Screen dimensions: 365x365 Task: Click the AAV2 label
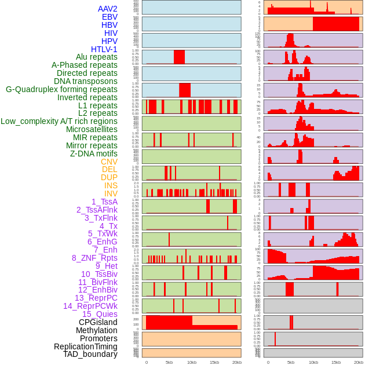click(107, 9)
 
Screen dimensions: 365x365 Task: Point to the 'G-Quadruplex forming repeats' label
click(61, 89)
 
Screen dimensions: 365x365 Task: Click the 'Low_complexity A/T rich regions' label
click(59, 121)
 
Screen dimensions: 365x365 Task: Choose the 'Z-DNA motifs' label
click(93, 154)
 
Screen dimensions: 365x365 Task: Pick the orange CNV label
click(109, 162)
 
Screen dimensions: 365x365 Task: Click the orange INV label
click(111, 194)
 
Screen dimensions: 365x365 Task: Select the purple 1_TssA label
click(104, 202)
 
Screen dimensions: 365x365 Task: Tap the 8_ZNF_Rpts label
click(94, 258)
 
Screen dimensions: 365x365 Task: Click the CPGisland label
click(98, 322)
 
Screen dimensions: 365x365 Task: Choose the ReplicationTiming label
click(85, 346)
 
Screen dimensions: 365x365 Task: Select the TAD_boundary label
click(90, 354)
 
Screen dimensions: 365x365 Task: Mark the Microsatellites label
click(92, 129)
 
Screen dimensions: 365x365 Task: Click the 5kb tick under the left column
click(169, 363)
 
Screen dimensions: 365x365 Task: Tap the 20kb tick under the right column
click(359, 363)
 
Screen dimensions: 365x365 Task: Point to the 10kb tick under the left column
click(192, 363)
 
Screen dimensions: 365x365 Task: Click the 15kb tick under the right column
click(336, 363)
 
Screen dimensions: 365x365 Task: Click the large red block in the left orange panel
click(169, 322)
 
